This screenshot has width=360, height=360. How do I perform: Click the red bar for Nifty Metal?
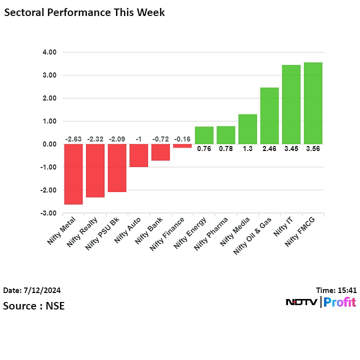73,174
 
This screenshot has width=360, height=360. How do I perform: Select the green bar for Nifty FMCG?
313,103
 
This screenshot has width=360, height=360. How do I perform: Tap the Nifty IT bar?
291,104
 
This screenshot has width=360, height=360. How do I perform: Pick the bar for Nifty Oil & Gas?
269,116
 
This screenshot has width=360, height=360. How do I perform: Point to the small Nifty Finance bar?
182,146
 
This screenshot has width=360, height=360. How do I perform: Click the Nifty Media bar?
247,129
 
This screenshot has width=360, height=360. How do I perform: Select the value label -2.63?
73,139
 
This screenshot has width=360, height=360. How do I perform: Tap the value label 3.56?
313,148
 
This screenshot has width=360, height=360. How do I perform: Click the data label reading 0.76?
204,148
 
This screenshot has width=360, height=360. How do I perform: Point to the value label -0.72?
160,139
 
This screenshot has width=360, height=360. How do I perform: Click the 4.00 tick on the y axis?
49,52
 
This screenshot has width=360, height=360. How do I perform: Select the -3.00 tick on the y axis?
49,213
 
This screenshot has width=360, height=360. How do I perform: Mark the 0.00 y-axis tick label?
49,144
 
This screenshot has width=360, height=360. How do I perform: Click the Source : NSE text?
34,305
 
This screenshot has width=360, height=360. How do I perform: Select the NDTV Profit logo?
320,302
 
